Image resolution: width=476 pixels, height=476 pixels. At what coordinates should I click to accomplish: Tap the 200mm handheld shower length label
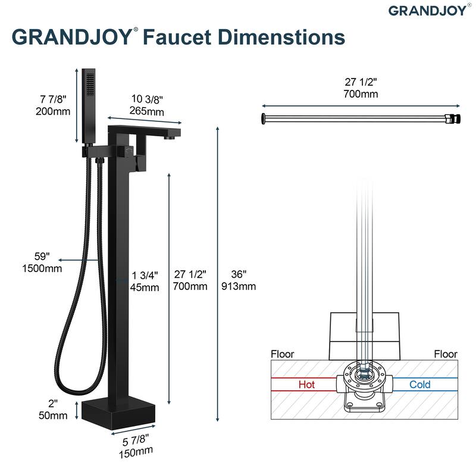click(53, 111)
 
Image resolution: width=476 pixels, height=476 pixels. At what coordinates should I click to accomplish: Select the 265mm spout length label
click(146, 111)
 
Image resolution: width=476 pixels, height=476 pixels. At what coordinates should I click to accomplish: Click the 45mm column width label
click(145, 287)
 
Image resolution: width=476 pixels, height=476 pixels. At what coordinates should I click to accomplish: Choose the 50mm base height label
click(53, 415)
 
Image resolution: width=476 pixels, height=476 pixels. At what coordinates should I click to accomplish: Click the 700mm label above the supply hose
click(361, 94)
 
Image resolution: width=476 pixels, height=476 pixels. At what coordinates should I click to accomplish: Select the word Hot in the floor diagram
click(306, 384)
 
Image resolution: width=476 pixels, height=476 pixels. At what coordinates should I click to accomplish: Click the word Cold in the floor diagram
click(420, 384)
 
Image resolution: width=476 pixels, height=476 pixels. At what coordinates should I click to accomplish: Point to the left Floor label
click(282, 354)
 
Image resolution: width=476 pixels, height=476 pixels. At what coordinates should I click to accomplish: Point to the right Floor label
click(445, 354)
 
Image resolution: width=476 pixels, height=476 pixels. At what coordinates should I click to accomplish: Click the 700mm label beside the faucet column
click(190, 286)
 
